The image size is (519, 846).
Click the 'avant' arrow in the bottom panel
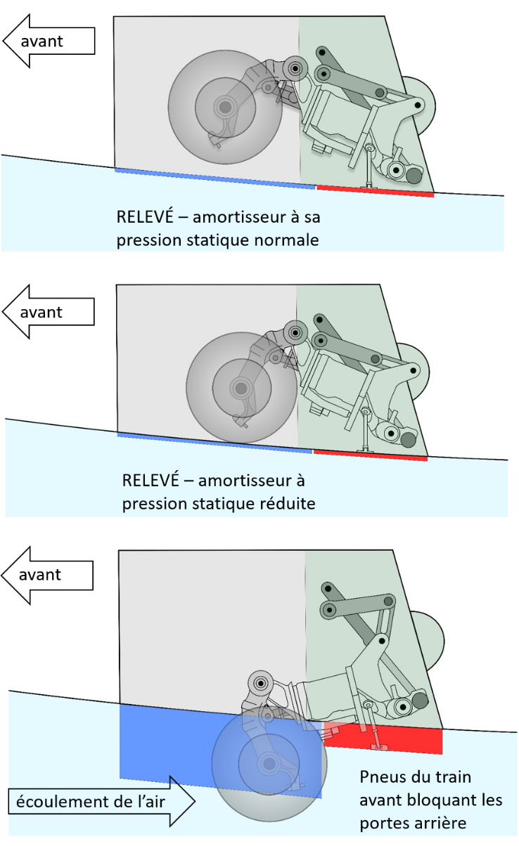pyautogui.click(x=48, y=574)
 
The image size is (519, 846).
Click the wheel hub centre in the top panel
pyautogui.click(x=224, y=107)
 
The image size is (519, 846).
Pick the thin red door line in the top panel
pyautogui.click(x=375, y=190)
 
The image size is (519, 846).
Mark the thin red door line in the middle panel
pyautogui.click(x=370, y=455)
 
